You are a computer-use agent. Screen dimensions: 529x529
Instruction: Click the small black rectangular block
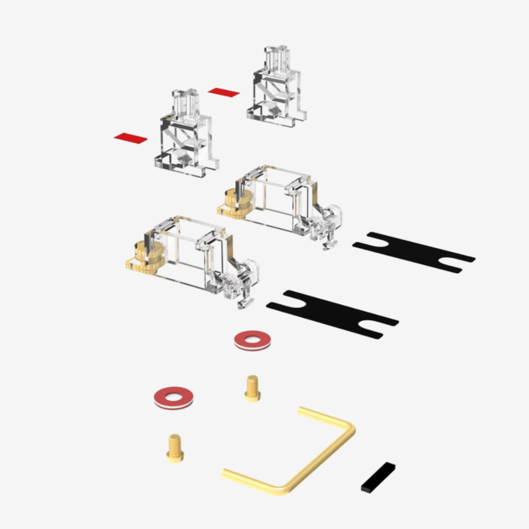click(x=378, y=477)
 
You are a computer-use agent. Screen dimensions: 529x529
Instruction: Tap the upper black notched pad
click(x=413, y=251)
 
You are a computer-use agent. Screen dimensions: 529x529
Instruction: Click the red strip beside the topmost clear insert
click(x=223, y=91)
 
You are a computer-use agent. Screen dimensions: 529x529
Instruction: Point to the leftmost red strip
click(x=130, y=138)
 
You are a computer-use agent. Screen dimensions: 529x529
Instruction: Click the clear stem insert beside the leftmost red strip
click(x=187, y=136)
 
